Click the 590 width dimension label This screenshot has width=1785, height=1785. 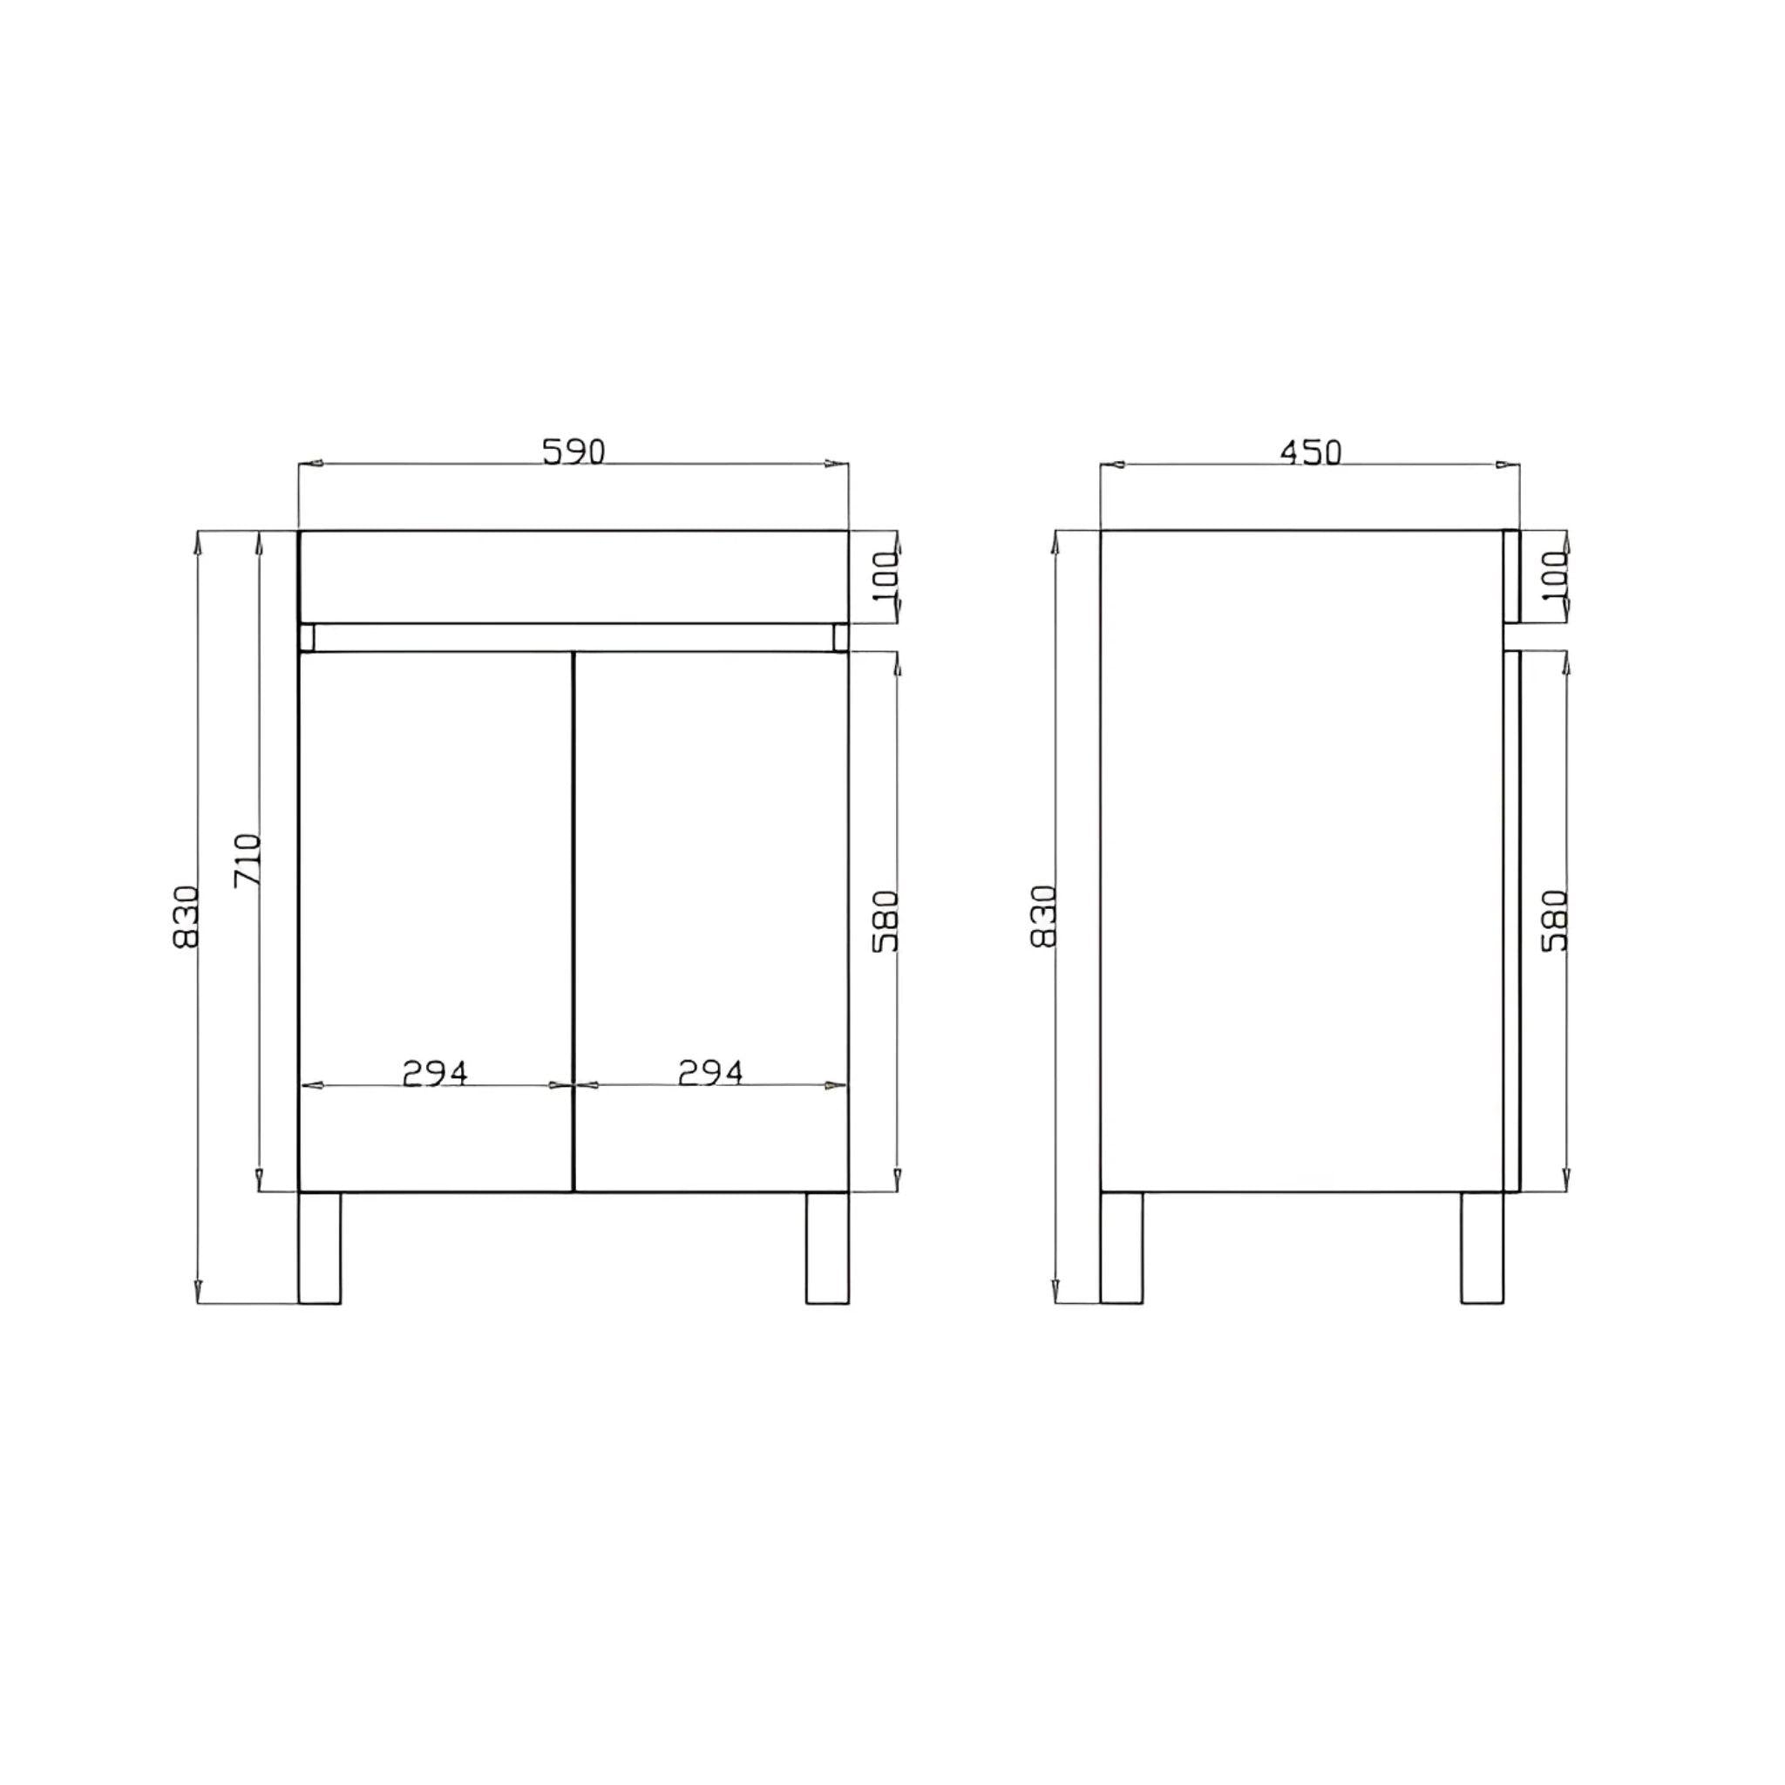pos(573,451)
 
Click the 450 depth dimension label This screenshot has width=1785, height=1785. pos(1309,451)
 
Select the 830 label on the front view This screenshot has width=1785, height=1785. pos(186,917)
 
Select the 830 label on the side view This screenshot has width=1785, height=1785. pos(1043,917)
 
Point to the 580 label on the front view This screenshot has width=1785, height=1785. pos(886,920)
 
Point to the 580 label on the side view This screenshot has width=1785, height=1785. pos(1555,920)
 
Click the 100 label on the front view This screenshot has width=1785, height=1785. pos(886,576)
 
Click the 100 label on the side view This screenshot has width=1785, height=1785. pos(1555,576)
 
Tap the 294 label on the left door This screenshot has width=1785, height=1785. pos(435,1073)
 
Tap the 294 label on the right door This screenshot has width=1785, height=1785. pos(709,1073)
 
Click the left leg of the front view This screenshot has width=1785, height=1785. pos(320,1247)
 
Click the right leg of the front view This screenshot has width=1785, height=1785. pos(827,1247)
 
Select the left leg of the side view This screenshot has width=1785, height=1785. pos(1122,1247)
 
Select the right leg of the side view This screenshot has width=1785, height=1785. pos(1481,1247)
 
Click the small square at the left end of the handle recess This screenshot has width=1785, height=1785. pos(307,637)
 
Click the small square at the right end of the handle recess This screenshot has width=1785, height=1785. pos(840,637)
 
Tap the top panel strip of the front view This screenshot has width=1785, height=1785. pos(573,575)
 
